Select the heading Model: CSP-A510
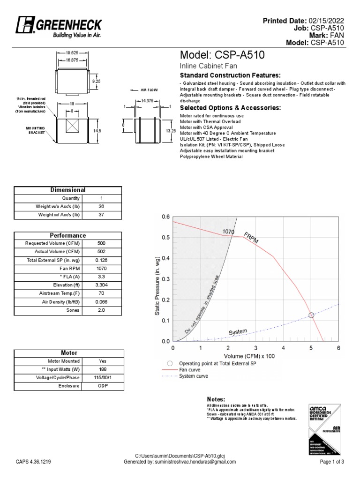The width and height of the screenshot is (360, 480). [223, 55]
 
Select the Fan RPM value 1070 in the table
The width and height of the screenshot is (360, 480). [101, 269]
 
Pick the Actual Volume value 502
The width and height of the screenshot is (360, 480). [101, 252]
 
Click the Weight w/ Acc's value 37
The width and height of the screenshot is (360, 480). [101, 215]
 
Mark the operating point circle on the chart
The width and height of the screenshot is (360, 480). [311, 315]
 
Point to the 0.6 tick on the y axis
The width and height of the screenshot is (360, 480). [165, 217]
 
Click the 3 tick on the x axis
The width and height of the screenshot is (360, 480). [256, 349]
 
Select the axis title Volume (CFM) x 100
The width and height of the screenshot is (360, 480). [255, 356]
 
